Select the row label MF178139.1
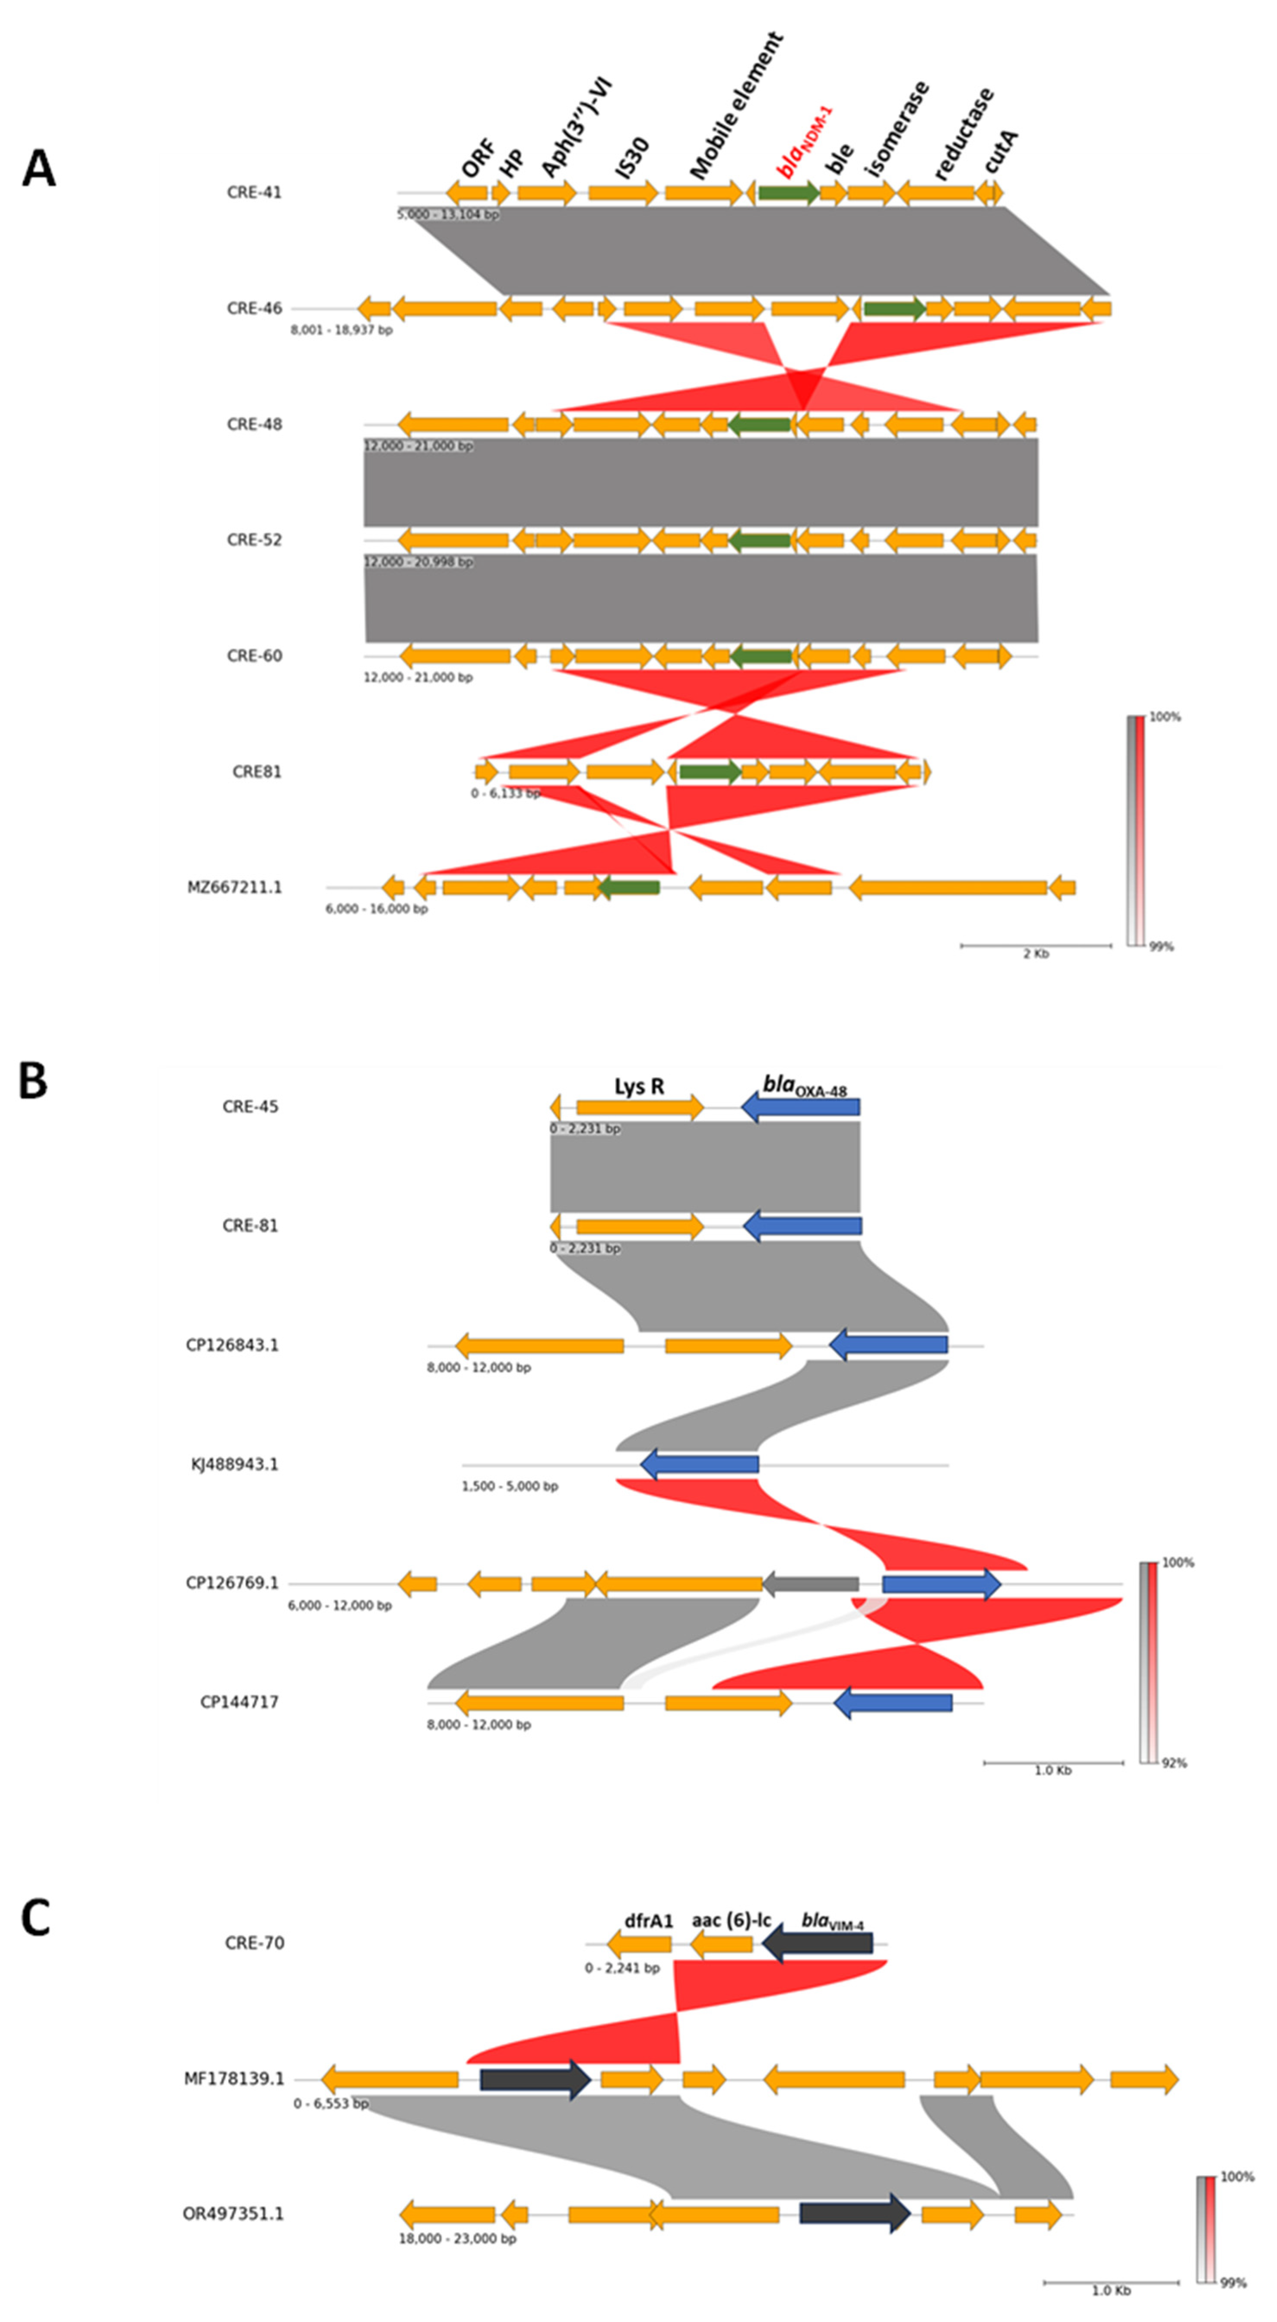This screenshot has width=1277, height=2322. point(233,2080)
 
